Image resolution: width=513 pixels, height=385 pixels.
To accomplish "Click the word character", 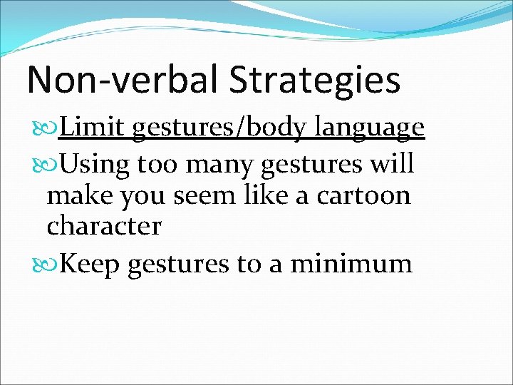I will pyautogui.click(x=104, y=227).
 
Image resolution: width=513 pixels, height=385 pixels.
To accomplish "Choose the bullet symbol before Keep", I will pyautogui.click(x=51, y=264).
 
